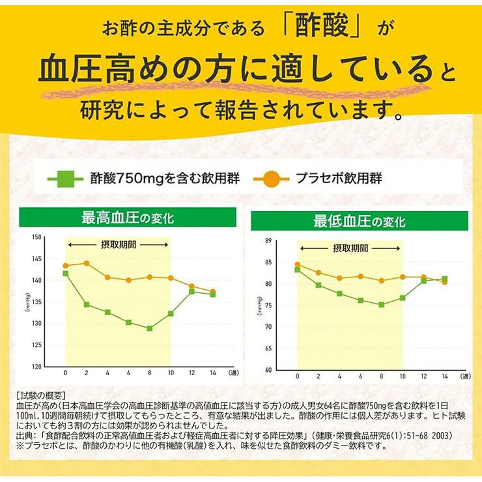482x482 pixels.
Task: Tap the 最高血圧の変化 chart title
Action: pyautogui.click(x=128, y=217)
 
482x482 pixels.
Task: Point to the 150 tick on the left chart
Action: pyautogui.click(x=36, y=237)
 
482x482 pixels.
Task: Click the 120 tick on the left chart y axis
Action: pyautogui.click(x=36, y=366)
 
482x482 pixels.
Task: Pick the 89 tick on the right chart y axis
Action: pyautogui.click(x=267, y=241)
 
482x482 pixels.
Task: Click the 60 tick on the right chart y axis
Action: pyautogui.click(x=267, y=370)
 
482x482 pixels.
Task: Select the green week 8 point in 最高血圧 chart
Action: pyautogui.click(x=149, y=328)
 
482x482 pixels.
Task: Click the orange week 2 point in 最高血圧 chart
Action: pyautogui.click(x=87, y=263)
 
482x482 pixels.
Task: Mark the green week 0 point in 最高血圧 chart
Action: pyautogui.click(x=66, y=274)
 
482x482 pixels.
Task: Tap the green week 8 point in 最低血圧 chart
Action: pyautogui.click(x=381, y=304)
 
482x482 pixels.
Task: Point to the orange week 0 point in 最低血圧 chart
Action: pyautogui.click(x=298, y=264)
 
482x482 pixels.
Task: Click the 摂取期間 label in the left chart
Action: pyautogui.click(x=117, y=244)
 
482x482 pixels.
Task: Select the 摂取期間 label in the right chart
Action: pyautogui.click(x=350, y=248)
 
